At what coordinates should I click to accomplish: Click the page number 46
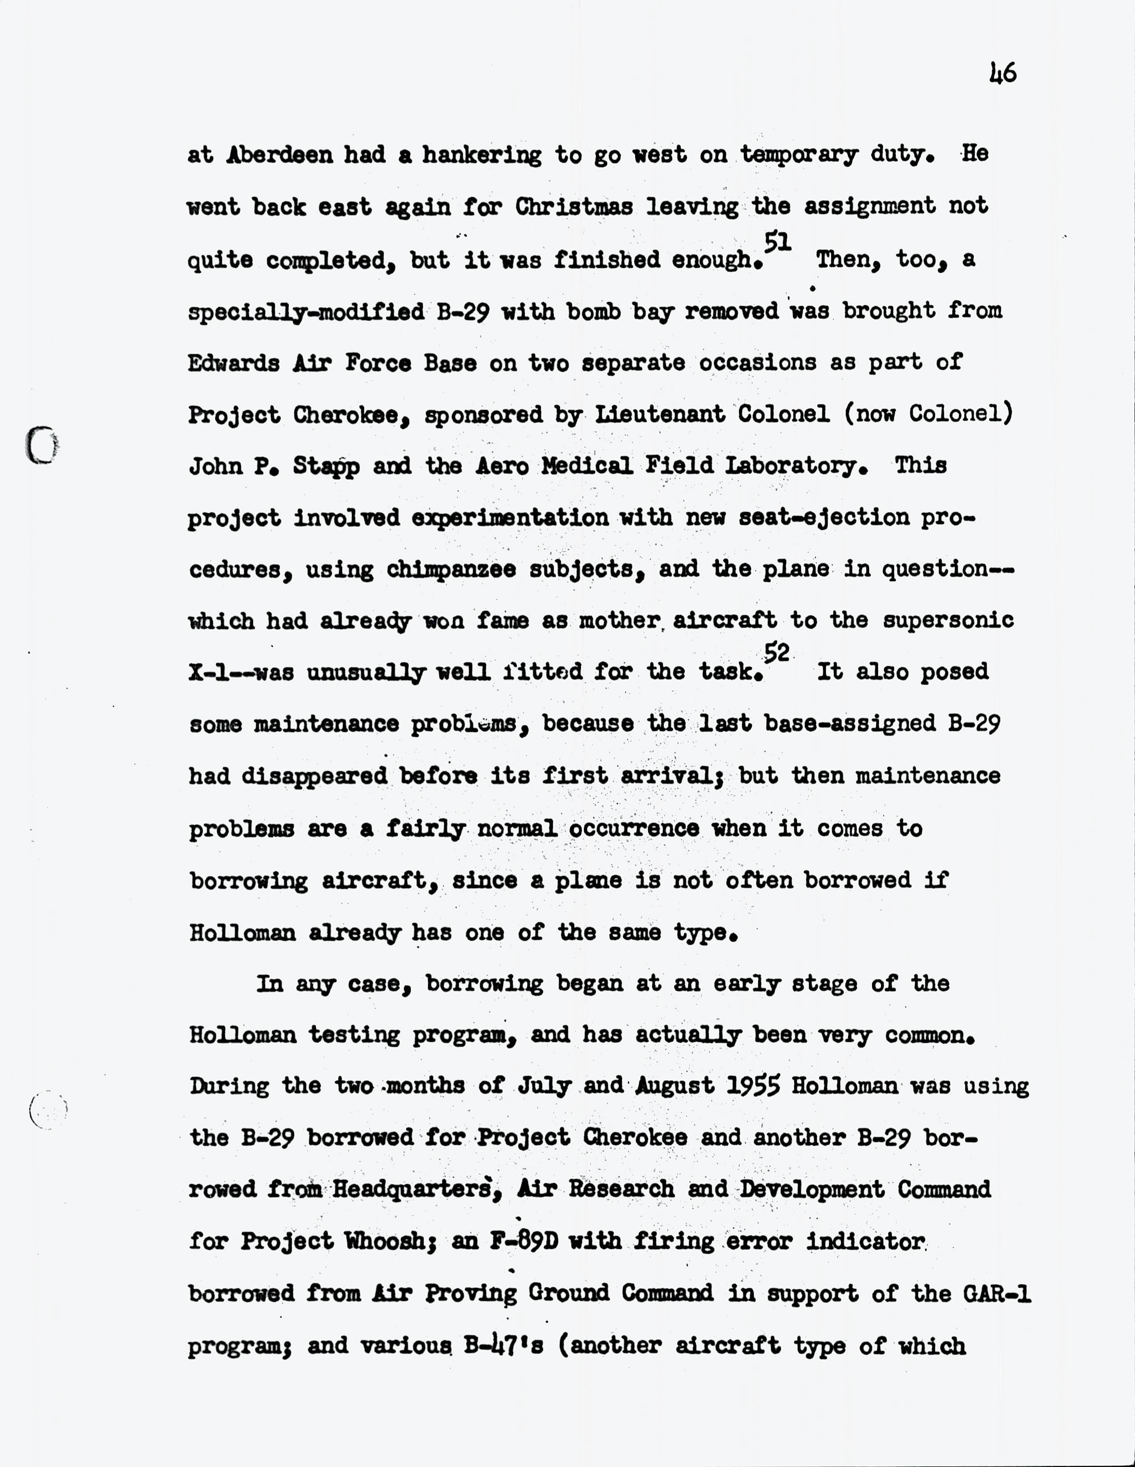click(1003, 73)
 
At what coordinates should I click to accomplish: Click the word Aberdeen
click(279, 155)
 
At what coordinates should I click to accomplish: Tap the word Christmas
click(574, 206)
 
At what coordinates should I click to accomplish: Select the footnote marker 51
click(777, 242)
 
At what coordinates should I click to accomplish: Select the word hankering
click(482, 155)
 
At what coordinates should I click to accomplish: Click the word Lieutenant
click(660, 414)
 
